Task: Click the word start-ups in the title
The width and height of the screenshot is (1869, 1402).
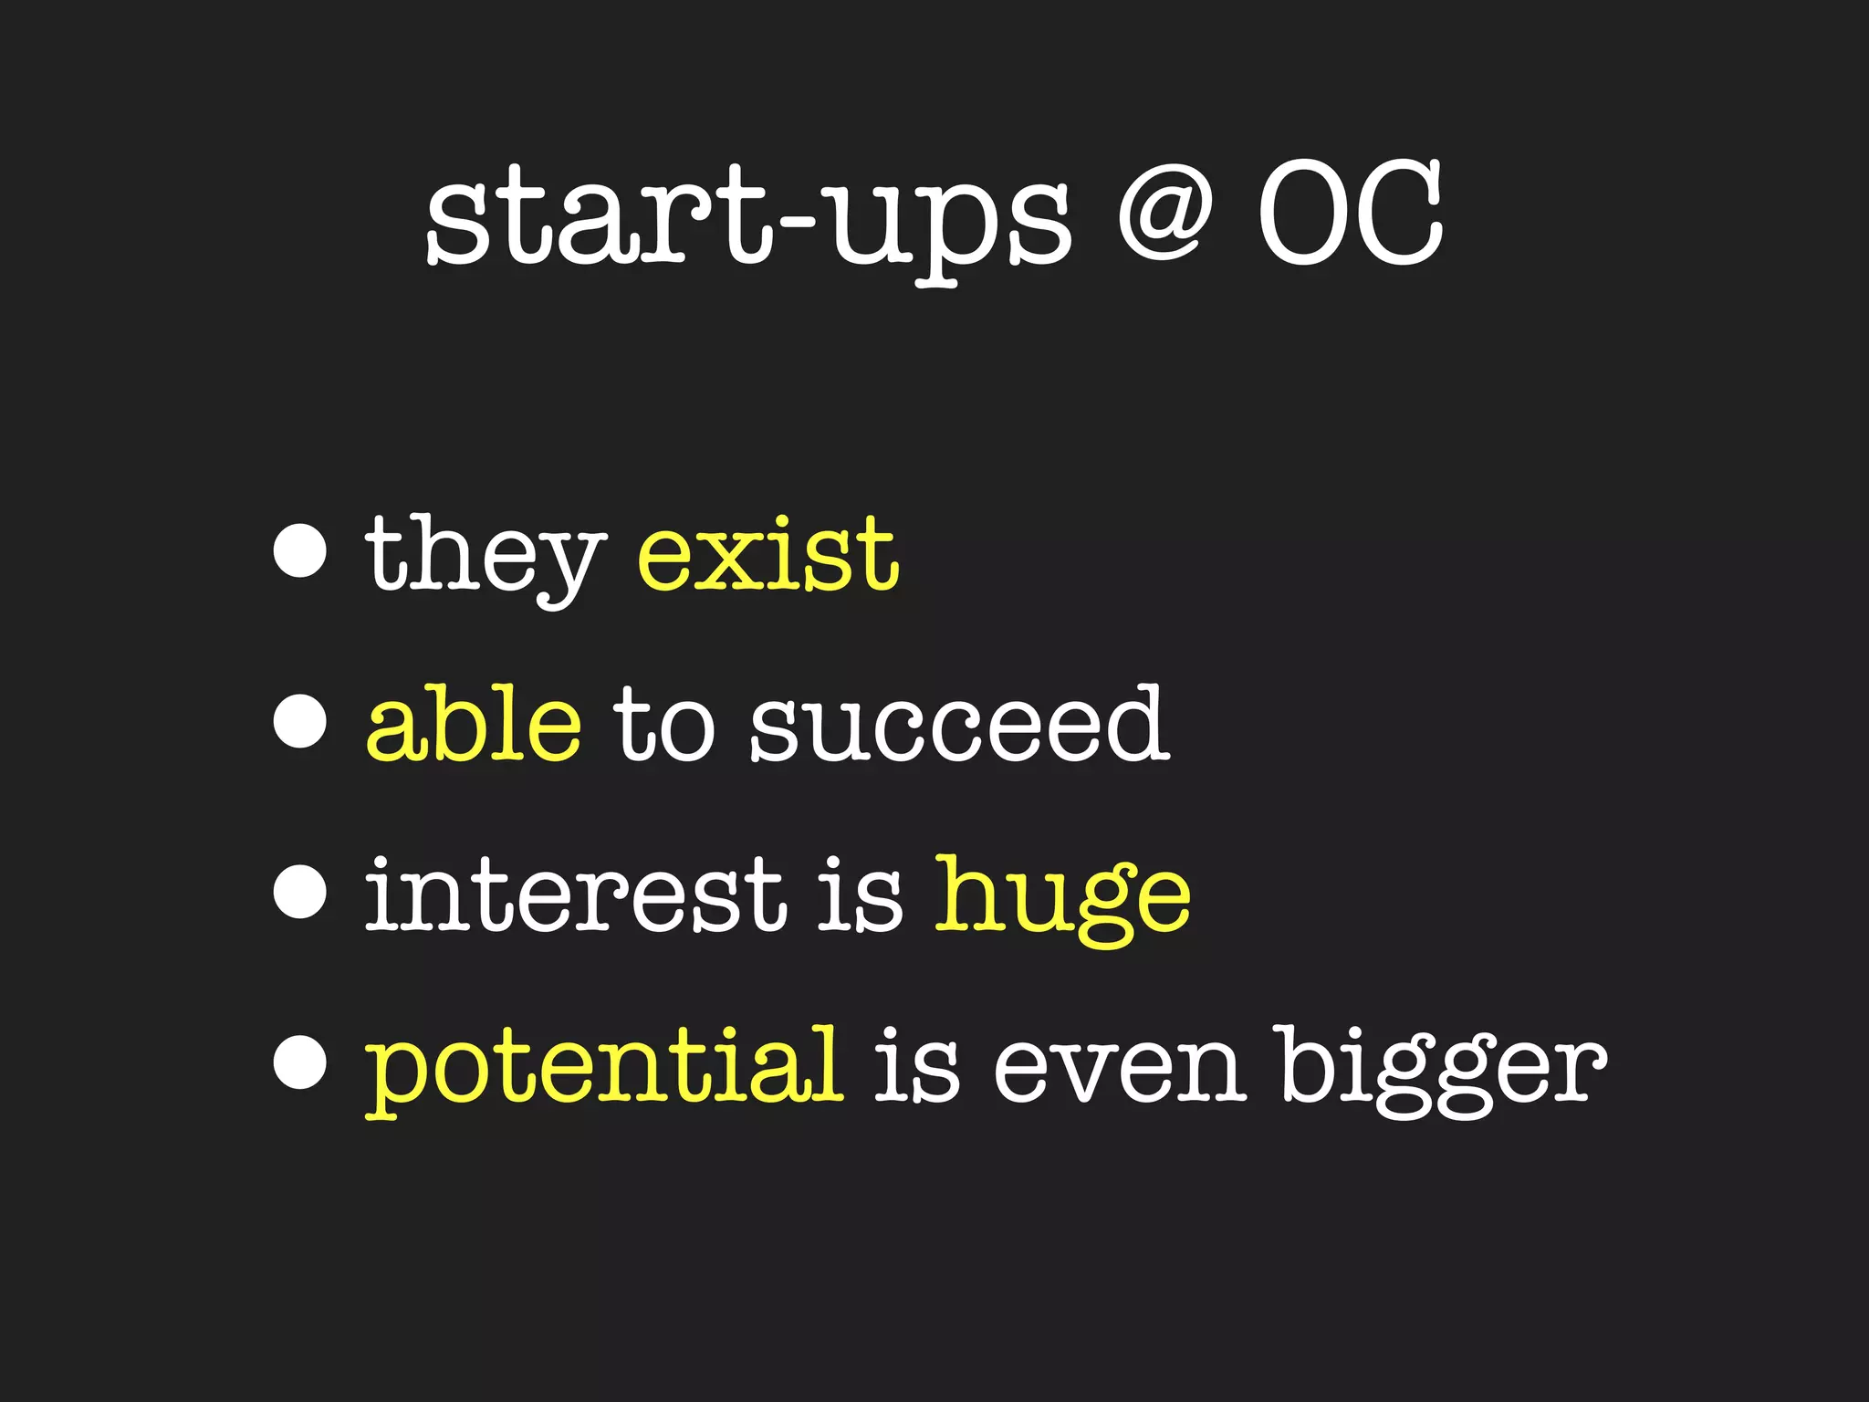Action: (x=748, y=219)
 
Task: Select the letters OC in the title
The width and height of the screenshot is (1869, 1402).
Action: (x=1351, y=214)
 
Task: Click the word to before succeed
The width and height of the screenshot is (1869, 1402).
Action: (x=663, y=726)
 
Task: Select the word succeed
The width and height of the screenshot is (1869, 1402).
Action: (x=958, y=726)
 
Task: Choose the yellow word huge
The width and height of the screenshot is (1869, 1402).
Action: (x=1063, y=899)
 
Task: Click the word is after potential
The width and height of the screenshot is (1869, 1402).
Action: (x=917, y=1066)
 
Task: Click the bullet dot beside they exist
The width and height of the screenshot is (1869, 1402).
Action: (x=300, y=551)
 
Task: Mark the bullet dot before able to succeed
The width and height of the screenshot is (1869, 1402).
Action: (x=300, y=721)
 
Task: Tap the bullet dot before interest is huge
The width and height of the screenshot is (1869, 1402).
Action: (x=300, y=892)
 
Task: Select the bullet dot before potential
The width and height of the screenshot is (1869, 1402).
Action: (x=300, y=1062)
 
